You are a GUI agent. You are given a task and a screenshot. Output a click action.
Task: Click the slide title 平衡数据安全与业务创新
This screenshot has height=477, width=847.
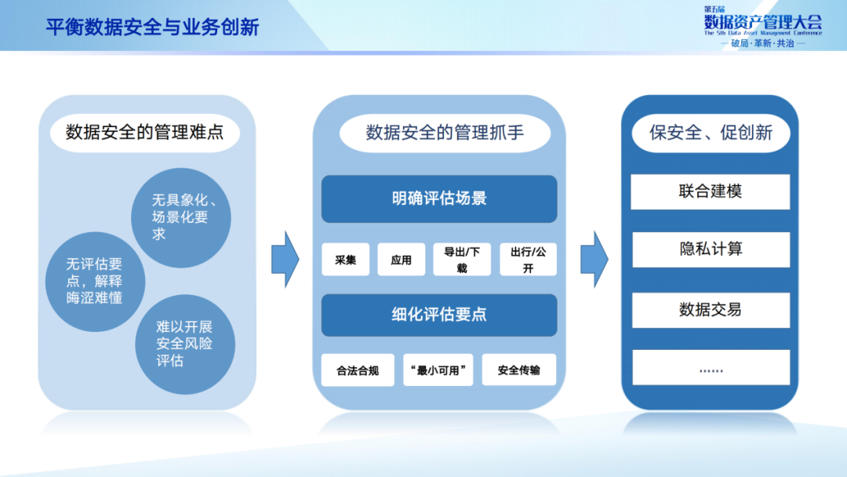(x=152, y=27)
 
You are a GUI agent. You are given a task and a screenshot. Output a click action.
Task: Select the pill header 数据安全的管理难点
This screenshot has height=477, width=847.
(x=144, y=132)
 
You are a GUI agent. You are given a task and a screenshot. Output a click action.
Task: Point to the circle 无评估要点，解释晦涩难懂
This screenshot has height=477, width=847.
(x=93, y=282)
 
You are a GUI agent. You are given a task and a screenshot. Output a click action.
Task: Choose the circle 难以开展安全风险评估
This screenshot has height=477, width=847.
(x=184, y=344)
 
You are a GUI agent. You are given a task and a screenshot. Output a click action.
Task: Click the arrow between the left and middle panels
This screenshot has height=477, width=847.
(x=285, y=259)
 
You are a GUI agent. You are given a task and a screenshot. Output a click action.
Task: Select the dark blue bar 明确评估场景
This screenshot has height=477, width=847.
(x=439, y=198)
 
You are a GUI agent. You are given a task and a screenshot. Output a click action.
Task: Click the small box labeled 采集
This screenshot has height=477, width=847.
(x=345, y=260)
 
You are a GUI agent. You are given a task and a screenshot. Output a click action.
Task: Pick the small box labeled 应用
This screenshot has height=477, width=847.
(x=401, y=260)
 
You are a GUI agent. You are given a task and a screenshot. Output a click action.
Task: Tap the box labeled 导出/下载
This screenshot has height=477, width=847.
(x=461, y=260)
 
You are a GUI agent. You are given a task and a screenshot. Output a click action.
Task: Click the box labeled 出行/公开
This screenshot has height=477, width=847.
(x=528, y=260)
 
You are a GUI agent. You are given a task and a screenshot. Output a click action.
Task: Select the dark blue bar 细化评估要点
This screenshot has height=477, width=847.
(x=439, y=315)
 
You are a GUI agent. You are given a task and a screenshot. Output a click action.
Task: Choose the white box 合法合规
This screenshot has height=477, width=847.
(x=358, y=370)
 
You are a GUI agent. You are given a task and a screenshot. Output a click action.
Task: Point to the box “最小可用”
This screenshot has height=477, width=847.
(x=438, y=370)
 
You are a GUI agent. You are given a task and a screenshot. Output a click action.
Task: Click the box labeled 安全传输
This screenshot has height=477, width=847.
(x=518, y=370)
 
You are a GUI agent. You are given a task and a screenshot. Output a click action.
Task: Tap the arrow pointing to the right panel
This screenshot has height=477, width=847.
(x=594, y=259)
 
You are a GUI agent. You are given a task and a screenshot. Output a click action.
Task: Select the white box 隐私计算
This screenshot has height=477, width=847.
(x=710, y=249)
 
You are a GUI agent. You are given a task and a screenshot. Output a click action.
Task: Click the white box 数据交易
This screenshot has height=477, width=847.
(x=710, y=310)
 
